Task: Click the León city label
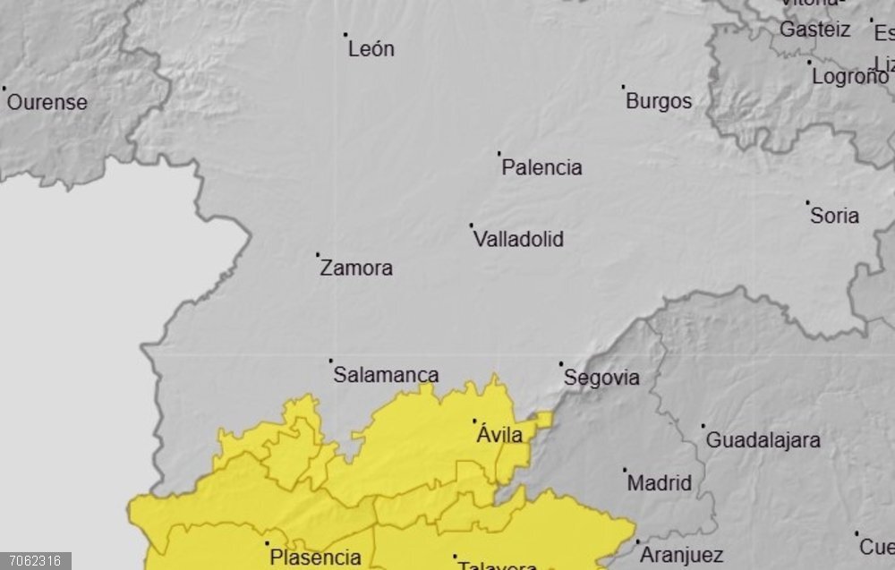[371, 49]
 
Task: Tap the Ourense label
[47, 102]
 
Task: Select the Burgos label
[659, 101]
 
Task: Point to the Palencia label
[541, 167]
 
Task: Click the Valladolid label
[518, 240]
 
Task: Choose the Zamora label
[356, 268]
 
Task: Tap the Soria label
[834, 216]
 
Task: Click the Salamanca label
[386, 375]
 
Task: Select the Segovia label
[601, 379]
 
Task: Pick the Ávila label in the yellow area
[499, 435]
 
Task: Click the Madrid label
[660, 483]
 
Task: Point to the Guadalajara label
[763, 440]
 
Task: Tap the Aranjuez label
[682, 555]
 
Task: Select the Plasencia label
[316, 557]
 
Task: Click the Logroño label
[849, 77]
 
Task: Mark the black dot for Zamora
[318, 254]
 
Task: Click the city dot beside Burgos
[624, 87]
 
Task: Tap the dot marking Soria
[807, 202]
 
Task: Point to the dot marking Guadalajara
[703, 426]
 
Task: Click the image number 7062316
[37, 561]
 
